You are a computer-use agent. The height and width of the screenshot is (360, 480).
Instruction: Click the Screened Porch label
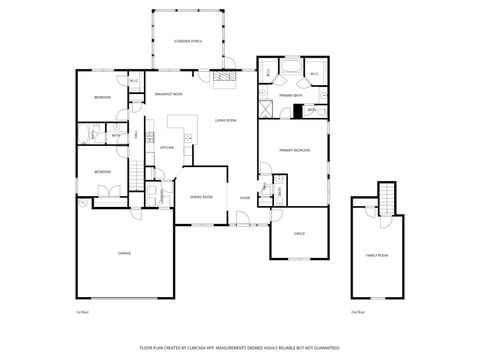(188, 41)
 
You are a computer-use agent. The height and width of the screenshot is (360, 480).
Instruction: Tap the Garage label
(124, 253)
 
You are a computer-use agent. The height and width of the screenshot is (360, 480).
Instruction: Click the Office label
(299, 234)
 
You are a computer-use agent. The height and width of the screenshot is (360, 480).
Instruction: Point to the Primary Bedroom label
(294, 150)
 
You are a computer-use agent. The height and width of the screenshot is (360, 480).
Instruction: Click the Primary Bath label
(291, 95)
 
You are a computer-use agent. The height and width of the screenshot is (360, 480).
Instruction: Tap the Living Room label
(225, 120)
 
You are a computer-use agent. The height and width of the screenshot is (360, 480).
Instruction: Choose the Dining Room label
(201, 197)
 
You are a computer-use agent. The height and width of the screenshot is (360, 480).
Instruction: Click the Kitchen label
(168, 147)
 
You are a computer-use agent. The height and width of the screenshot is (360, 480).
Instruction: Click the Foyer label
(244, 197)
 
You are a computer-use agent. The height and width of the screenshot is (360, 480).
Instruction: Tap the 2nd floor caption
(357, 312)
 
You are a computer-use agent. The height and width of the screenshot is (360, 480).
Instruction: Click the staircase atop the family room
(385, 200)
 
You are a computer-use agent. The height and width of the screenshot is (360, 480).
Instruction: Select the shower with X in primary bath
(267, 109)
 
